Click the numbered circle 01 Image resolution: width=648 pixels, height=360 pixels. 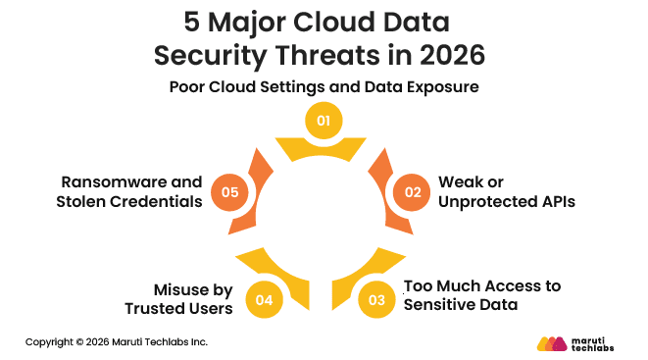(x=323, y=122)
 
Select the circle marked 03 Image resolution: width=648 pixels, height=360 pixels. (x=376, y=299)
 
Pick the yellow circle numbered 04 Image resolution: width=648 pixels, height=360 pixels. (x=263, y=299)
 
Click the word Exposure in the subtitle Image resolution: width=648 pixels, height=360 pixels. (x=440, y=86)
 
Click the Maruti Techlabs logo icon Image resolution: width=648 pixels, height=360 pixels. (x=553, y=343)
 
